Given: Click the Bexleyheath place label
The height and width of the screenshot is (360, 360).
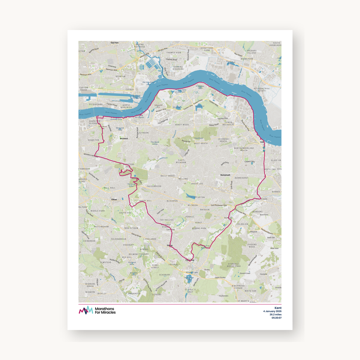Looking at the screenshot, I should point(225,175).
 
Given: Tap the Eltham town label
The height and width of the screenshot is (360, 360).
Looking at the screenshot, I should point(114,199).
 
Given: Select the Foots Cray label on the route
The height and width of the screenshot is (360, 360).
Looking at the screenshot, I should point(190,260).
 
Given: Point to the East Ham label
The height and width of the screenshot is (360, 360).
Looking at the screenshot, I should point(115,43).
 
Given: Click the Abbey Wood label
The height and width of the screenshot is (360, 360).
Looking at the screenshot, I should point(182,125).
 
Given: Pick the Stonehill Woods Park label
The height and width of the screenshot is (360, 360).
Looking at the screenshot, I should point(234,265).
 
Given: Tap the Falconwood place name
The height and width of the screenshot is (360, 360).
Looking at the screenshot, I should point(154,186).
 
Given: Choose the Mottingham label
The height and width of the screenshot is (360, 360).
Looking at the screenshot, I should point(101,227).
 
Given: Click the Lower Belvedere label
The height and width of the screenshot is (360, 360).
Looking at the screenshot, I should point(229,123).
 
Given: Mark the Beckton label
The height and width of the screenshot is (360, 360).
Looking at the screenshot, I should point(121,76).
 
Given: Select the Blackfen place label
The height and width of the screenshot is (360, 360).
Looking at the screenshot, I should point(172,201).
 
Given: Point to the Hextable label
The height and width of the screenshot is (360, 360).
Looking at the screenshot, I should point(263,274).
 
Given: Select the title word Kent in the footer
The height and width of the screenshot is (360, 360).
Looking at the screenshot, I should point(278,308).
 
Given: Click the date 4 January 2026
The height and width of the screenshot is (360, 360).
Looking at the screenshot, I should point(272,311).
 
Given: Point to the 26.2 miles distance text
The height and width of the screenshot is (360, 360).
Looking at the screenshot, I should point(275,314).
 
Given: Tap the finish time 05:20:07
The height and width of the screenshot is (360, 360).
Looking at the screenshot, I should point(277,318).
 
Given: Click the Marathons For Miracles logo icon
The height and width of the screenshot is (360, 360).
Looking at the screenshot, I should point(86,310).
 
